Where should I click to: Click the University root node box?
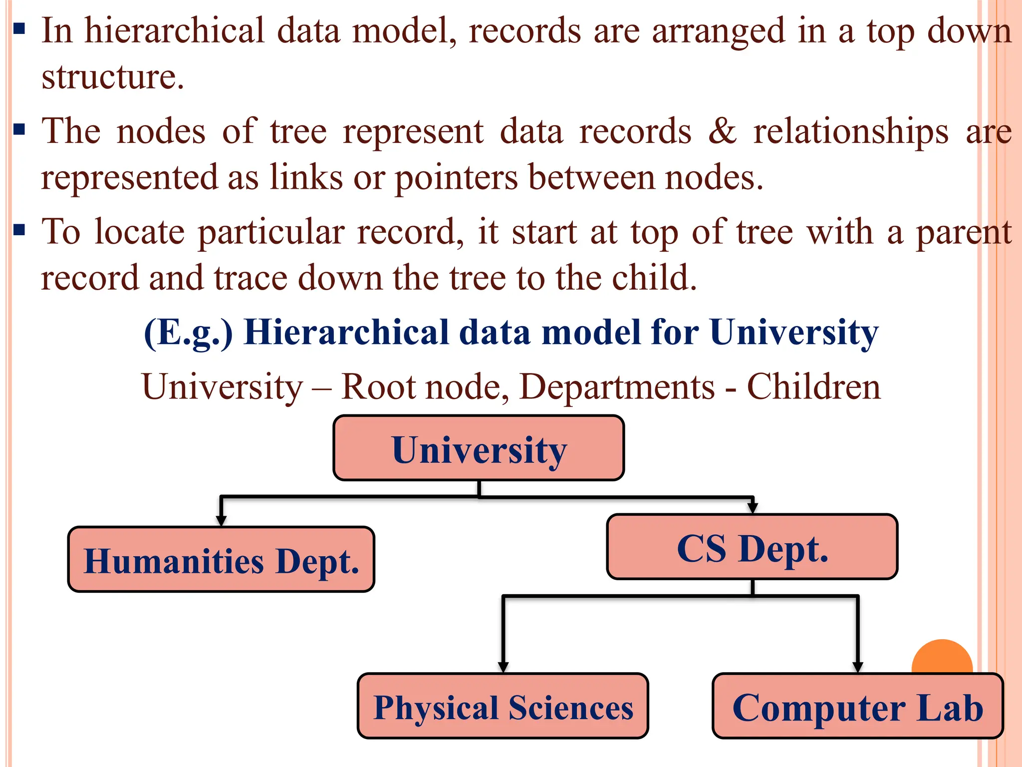[479, 448]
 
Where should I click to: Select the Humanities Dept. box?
[221, 559]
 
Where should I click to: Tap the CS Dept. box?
[752, 547]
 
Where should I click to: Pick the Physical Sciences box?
[503, 706]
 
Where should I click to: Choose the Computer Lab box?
[857, 706]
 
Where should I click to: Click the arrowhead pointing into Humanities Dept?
[221, 520]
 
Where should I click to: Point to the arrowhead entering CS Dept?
[753, 508]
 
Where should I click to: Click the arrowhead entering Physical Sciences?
[503, 667]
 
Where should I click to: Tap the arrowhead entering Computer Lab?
[857, 667]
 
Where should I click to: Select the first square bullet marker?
[19, 28]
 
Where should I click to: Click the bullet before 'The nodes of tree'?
[19, 130]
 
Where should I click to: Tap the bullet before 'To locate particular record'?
[19, 230]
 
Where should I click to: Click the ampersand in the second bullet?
[722, 131]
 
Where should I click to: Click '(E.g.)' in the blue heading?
[188, 333]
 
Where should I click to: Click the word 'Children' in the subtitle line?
[813, 387]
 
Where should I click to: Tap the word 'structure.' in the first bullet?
[113, 77]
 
